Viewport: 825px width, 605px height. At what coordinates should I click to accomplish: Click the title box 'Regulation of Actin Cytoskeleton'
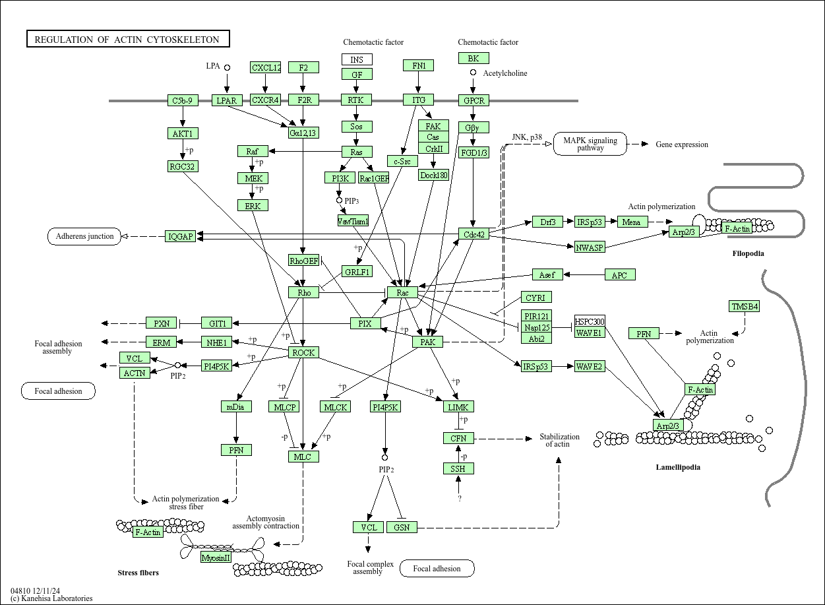click(127, 40)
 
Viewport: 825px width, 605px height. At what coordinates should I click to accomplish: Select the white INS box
click(357, 60)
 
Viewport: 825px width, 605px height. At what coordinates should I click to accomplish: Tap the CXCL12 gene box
click(266, 67)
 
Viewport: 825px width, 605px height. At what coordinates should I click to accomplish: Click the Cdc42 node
click(474, 234)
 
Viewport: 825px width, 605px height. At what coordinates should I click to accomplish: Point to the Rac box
click(402, 292)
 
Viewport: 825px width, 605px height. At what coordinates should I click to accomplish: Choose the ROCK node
click(303, 352)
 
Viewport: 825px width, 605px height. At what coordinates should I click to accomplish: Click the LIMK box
click(458, 407)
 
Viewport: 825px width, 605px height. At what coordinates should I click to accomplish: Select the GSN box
click(402, 527)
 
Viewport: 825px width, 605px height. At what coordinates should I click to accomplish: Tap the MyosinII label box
click(216, 557)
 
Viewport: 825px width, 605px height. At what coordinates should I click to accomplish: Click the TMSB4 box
click(744, 306)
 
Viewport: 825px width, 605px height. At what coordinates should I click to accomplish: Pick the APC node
click(619, 274)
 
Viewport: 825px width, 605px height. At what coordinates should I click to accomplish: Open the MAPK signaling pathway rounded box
click(590, 144)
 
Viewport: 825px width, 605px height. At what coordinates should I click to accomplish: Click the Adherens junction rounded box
click(84, 236)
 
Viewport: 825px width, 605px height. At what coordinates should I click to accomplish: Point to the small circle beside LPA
click(227, 67)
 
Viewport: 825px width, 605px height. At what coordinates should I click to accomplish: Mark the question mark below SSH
click(460, 499)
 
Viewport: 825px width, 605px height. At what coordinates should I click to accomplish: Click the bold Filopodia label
click(748, 253)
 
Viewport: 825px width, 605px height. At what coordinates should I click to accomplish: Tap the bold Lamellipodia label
click(678, 467)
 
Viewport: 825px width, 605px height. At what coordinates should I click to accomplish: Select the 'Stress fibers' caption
click(138, 573)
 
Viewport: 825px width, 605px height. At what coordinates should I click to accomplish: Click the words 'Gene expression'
click(682, 144)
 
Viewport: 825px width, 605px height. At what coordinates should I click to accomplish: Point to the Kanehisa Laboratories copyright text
click(51, 598)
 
